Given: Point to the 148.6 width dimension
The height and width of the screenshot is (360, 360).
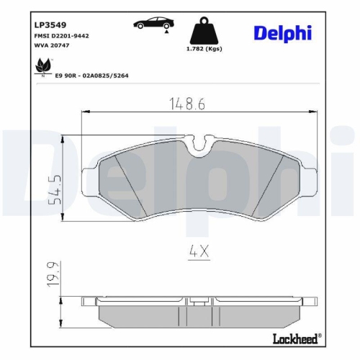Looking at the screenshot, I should pos(188,104).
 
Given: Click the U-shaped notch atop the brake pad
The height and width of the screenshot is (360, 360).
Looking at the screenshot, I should pos(202,143).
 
